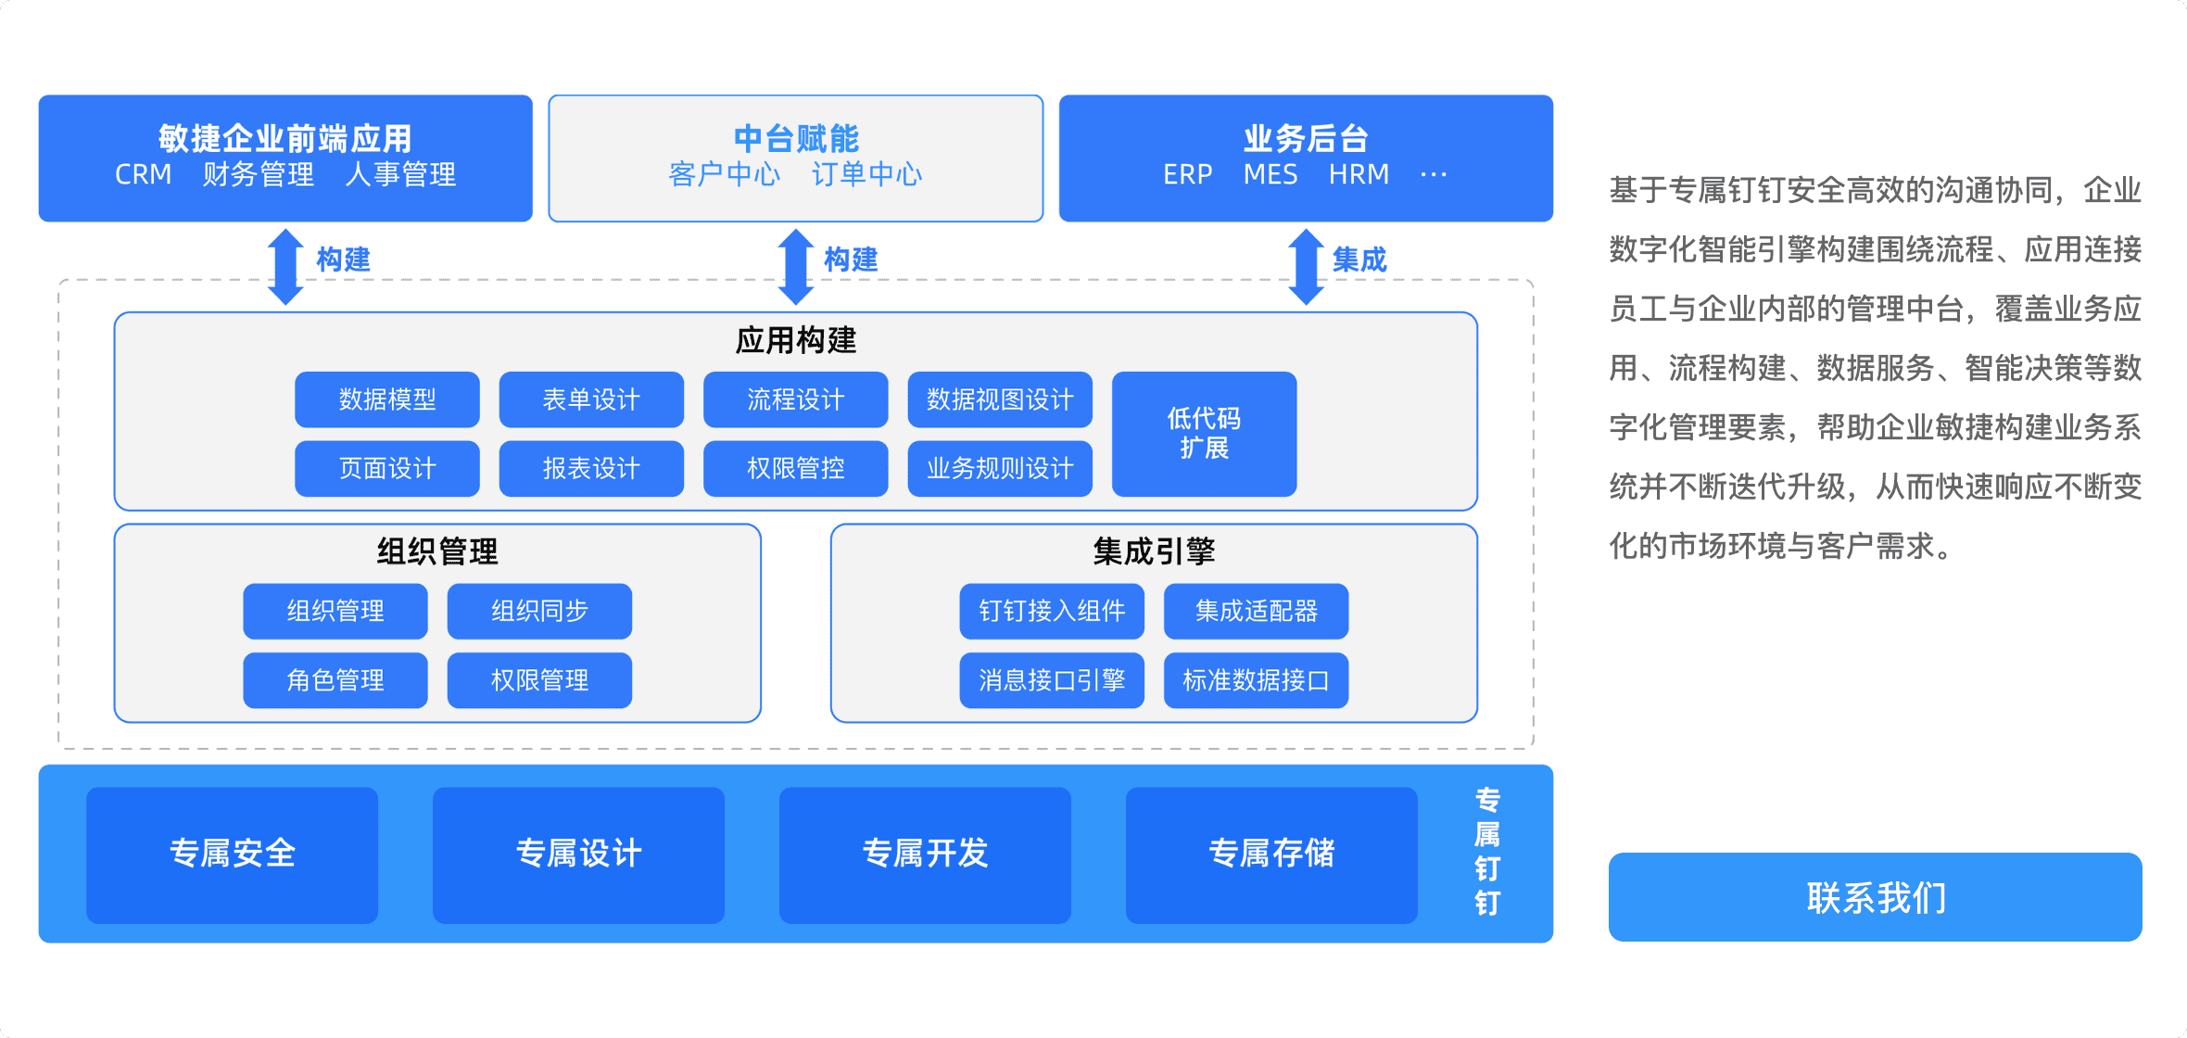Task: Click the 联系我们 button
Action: (x=1875, y=896)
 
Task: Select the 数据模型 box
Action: (x=387, y=399)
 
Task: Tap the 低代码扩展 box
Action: (x=1204, y=434)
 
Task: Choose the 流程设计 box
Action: (x=795, y=399)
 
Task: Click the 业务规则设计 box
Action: (x=1000, y=469)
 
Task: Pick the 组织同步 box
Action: (x=539, y=611)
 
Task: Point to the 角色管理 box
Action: (x=335, y=680)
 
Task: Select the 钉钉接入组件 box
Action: (x=1052, y=611)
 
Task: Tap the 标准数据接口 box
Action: (x=1256, y=680)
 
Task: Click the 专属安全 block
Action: (x=232, y=854)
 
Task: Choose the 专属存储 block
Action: (x=1271, y=854)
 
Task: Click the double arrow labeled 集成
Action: (x=1306, y=267)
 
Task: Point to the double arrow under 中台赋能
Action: (x=795, y=267)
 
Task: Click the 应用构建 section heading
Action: (x=795, y=340)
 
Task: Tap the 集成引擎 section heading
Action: (x=1154, y=551)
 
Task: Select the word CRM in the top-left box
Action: (x=143, y=174)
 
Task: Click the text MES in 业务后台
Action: (x=1270, y=174)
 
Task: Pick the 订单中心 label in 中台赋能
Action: (x=866, y=174)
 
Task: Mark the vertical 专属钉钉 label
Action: (x=1487, y=852)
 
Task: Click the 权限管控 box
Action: (x=795, y=469)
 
